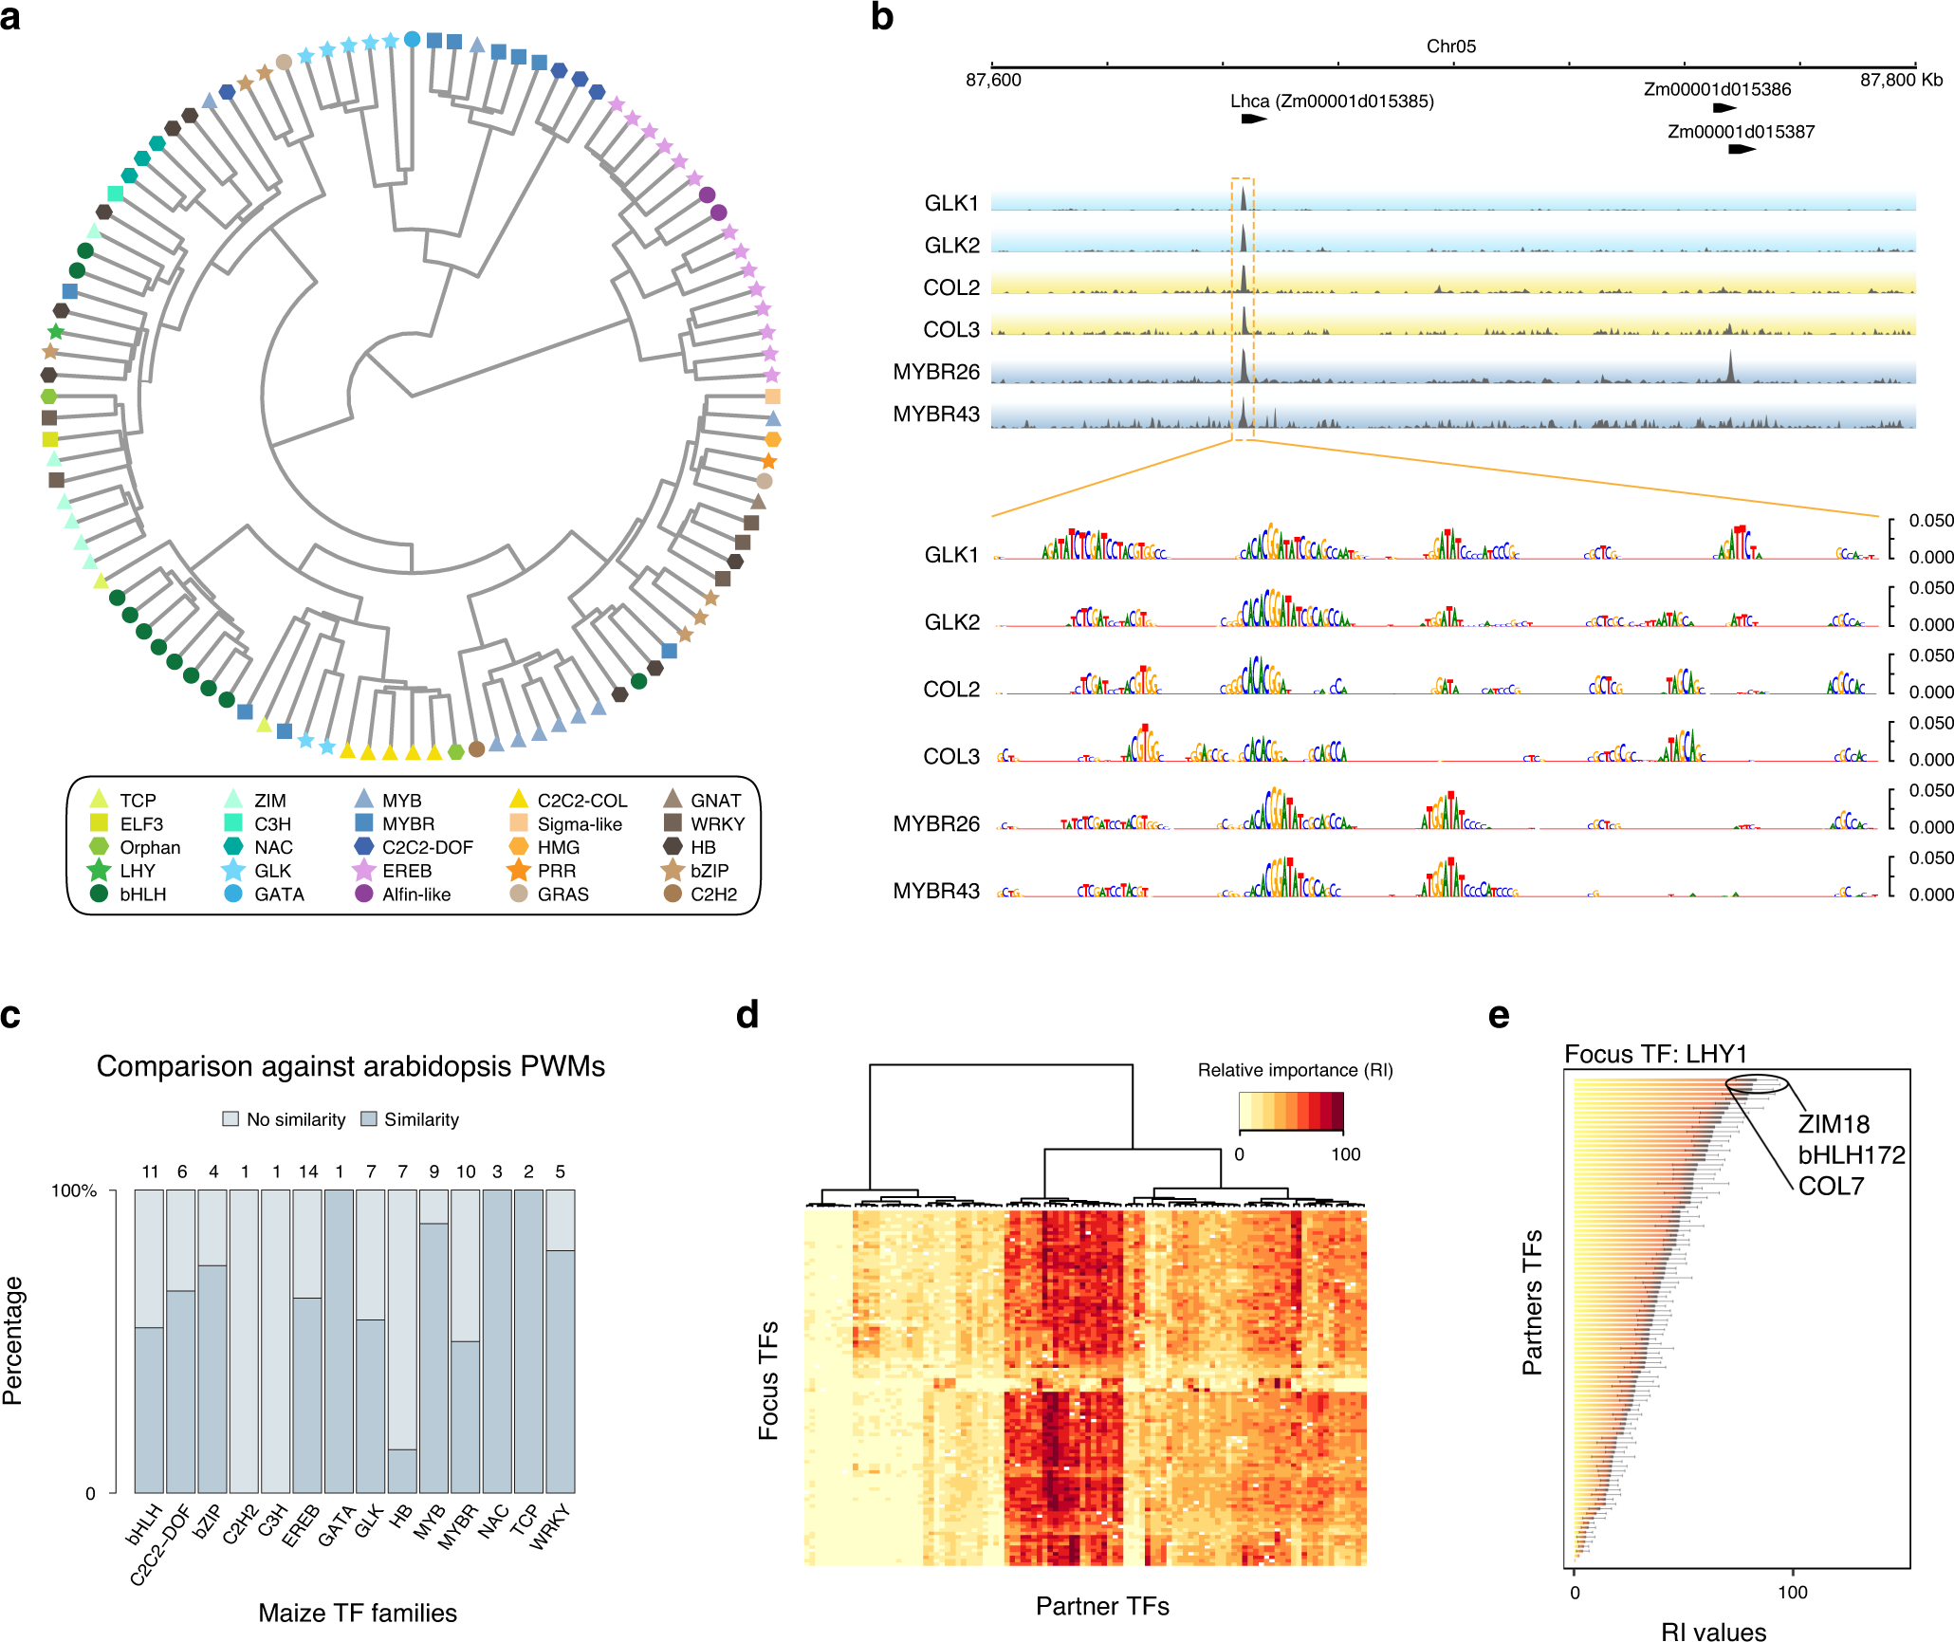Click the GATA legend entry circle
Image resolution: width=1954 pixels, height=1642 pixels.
(x=233, y=894)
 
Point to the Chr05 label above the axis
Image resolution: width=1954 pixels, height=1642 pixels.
(x=1450, y=46)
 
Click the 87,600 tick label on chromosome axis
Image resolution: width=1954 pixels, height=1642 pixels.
(x=993, y=81)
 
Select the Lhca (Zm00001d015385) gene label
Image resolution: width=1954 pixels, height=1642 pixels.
(x=1331, y=101)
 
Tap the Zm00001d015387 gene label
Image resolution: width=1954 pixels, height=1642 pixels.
(x=1741, y=132)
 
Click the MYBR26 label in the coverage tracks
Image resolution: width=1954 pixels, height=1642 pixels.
(x=935, y=372)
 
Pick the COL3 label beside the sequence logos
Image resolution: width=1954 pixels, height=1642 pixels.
(x=951, y=756)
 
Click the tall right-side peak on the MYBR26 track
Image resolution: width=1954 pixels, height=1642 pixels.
(x=1730, y=368)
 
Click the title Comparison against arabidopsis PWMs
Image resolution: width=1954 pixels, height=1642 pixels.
(x=351, y=1066)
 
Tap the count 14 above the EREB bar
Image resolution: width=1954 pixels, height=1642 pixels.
(x=308, y=1172)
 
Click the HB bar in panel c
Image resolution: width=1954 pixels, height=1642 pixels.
(x=402, y=1340)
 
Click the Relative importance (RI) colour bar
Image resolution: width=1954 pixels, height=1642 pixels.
(x=1291, y=1112)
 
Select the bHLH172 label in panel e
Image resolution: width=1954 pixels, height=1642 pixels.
(x=1851, y=1155)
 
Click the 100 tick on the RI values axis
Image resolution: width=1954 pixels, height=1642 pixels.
(x=1792, y=1593)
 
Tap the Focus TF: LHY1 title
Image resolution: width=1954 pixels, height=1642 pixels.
(x=1655, y=1054)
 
